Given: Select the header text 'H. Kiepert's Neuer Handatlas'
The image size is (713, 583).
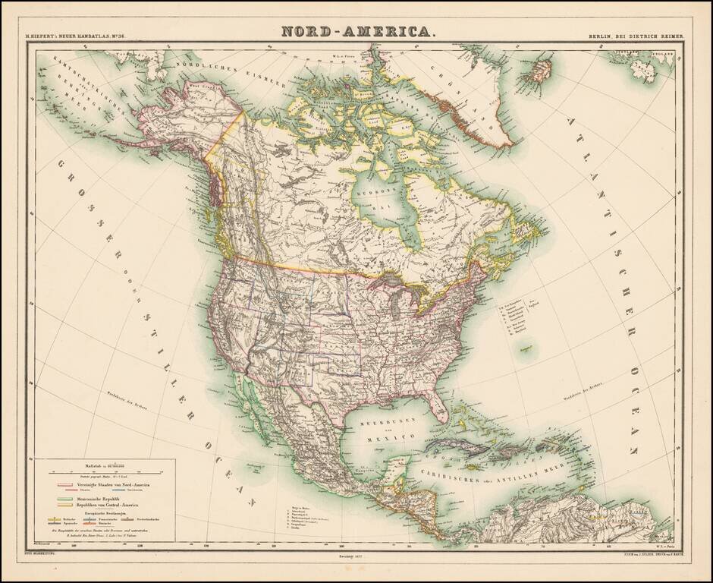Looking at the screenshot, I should (77, 35).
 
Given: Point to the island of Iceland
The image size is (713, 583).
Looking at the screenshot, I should (540, 71).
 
